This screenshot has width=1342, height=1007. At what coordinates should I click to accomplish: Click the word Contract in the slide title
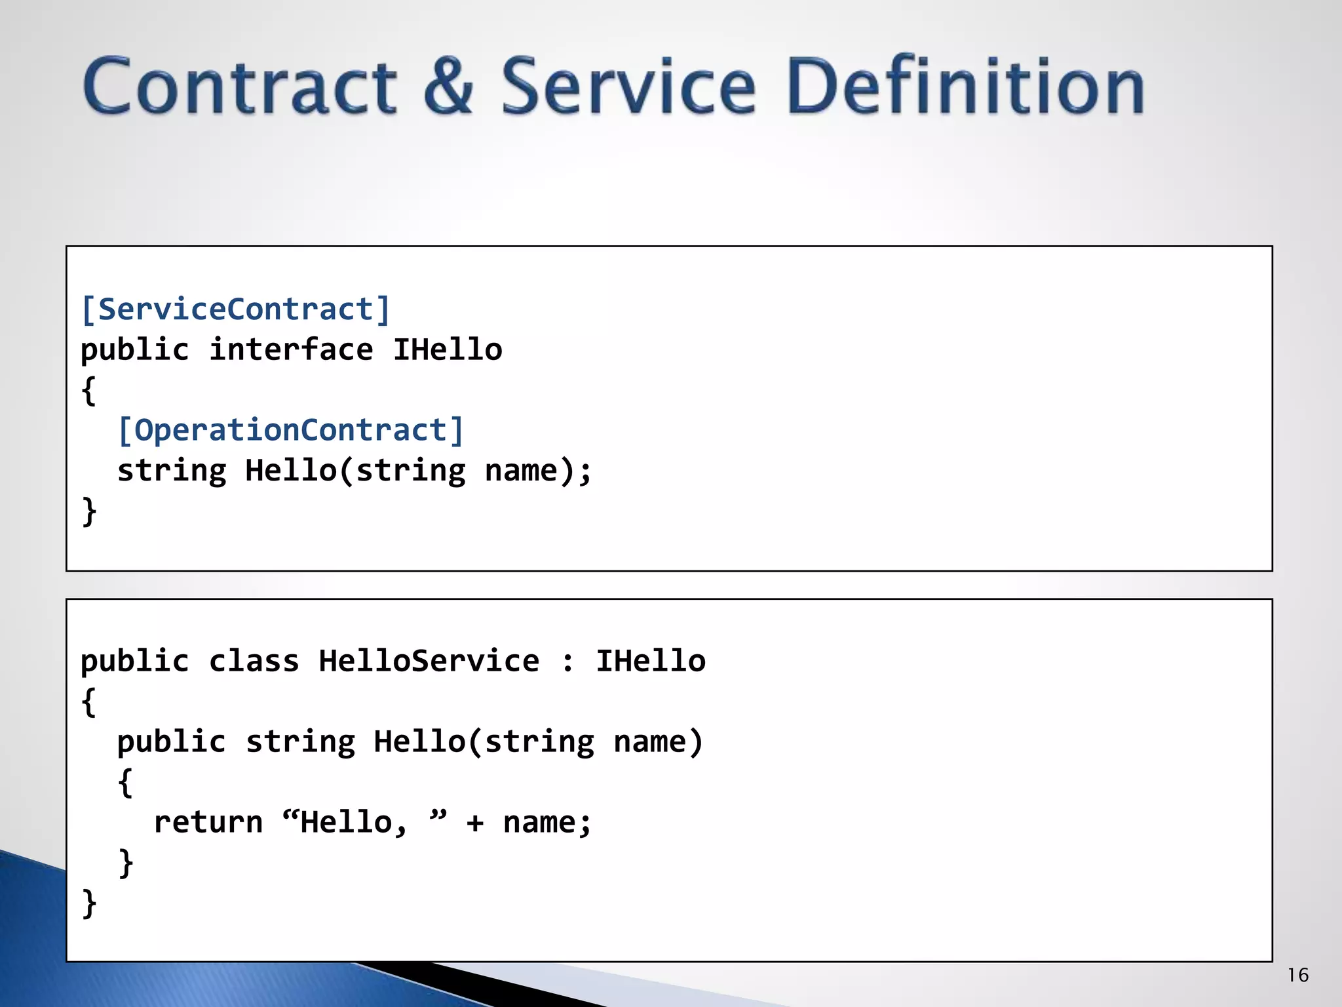click(x=240, y=87)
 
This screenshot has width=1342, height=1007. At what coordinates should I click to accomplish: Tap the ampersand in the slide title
click(x=448, y=87)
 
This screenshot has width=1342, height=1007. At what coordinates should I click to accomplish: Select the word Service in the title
click(x=628, y=87)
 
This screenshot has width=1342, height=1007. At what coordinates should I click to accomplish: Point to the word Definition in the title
click(x=966, y=87)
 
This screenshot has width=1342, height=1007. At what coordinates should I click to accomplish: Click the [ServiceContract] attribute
click(x=235, y=309)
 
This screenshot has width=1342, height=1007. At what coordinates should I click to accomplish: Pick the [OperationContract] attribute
click(x=290, y=430)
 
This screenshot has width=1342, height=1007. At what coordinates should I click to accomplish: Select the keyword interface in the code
click(x=291, y=349)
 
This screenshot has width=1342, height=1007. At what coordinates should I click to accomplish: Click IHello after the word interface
click(x=448, y=349)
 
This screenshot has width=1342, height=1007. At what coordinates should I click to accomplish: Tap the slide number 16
click(x=1297, y=976)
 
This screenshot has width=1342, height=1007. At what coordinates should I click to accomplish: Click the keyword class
click(x=254, y=661)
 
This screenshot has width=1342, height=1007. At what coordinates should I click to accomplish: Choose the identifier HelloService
click(x=429, y=661)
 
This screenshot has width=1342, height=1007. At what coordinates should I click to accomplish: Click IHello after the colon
click(x=651, y=661)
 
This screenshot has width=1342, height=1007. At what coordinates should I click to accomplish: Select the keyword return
click(x=208, y=822)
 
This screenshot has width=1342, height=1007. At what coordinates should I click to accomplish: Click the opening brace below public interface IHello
click(x=89, y=391)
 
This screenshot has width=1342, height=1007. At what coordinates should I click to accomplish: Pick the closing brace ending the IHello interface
click(x=89, y=511)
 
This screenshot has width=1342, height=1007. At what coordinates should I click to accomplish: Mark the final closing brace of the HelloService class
click(x=89, y=903)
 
